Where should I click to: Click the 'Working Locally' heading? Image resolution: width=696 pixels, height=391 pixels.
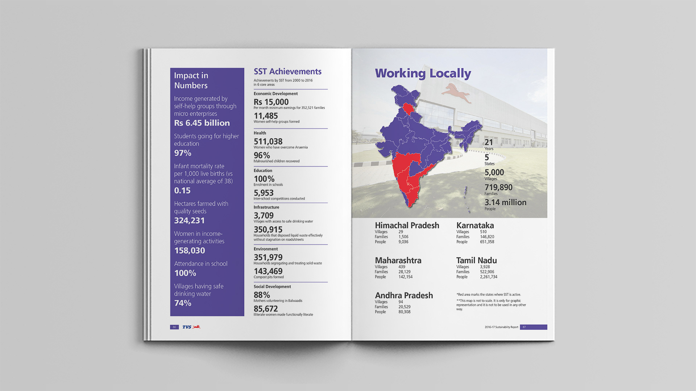(x=423, y=73)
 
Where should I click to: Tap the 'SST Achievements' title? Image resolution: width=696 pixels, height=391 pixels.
(x=287, y=72)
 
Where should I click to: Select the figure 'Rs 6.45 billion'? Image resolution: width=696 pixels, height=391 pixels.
(x=202, y=123)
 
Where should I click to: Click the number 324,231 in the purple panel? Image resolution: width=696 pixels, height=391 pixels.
(x=189, y=220)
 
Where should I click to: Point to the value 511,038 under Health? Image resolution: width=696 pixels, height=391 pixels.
(x=268, y=142)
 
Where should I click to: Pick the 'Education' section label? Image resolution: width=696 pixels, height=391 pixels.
(x=263, y=171)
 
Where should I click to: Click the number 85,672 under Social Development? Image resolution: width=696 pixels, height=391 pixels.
(x=266, y=309)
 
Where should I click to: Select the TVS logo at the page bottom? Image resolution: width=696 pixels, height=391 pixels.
(x=191, y=327)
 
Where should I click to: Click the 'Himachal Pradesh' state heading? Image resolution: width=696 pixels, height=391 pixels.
(x=407, y=226)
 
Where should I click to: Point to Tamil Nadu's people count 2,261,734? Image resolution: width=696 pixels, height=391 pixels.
(x=488, y=277)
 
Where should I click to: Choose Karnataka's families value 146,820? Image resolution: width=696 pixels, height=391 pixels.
(x=487, y=237)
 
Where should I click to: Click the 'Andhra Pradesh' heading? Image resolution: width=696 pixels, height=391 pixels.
(x=404, y=295)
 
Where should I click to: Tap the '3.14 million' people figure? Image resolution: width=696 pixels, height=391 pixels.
(x=505, y=202)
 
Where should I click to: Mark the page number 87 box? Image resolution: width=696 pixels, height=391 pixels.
(x=533, y=327)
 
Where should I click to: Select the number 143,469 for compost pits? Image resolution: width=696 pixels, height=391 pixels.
(x=268, y=271)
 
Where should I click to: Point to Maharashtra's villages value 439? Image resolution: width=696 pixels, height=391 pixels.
(x=402, y=267)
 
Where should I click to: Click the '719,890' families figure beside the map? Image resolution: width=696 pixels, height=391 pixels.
(x=498, y=188)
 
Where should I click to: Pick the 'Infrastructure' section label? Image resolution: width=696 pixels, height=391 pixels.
(x=266, y=207)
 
